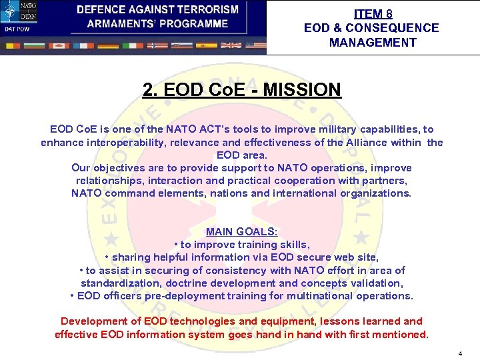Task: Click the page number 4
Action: click(x=459, y=352)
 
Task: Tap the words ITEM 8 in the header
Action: click(x=372, y=13)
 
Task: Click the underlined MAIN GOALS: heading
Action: click(x=241, y=232)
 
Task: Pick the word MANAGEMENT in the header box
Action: click(x=372, y=43)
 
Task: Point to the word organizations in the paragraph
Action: click(x=370, y=193)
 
